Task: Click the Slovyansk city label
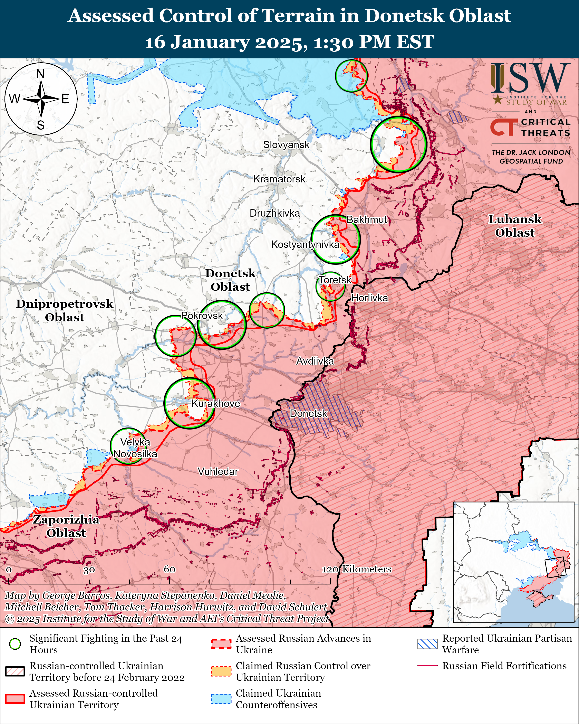(x=286, y=145)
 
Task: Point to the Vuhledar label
(x=218, y=471)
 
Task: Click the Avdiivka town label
(x=315, y=361)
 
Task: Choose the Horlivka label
(x=369, y=298)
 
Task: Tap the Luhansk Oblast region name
(x=514, y=226)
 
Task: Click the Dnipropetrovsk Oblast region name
(x=65, y=310)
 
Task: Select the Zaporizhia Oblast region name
(x=66, y=526)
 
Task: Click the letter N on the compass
(x=40, y=74)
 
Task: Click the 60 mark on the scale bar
(x=170, y=569)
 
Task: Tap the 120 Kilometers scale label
(x=357, y=569)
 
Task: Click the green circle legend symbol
(x=15, y=644)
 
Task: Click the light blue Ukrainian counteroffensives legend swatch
(x=221, y=699)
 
